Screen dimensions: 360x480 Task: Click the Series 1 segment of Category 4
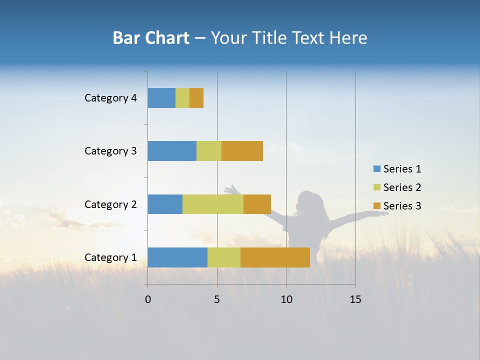pyautogui.click(x=161, y=98)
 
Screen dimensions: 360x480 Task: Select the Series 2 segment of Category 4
pyautogui.click(x=182, y=98)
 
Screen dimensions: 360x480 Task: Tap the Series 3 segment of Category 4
pyautogui.click(x=196, y=98)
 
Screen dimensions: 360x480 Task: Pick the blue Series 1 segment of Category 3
pyautogui.click(x=172, y=151)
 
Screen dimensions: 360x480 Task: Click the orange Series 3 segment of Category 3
pyautogui.click(x=242, y=151)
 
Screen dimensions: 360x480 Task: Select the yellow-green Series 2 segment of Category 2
pyautogui.click(x=213, y=204)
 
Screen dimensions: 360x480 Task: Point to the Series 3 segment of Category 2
pyautogui.click(x=257, y=204)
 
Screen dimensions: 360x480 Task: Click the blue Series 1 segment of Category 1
pyautogui.click(x=177, y=257)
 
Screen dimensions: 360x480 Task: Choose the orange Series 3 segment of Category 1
pyautogui.click(x=275, y=257)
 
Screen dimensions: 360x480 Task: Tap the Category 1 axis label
pyautogui.click(x=110, y=257)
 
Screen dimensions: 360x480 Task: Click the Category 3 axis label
pyautogui.click(x=110, y=151)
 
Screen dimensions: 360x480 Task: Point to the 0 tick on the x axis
pyautogui.click(x=148, y=299)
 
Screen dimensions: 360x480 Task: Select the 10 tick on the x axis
pyautogui.click(x=286, y=299)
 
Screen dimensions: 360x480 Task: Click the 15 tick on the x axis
pyautogui.click(x=355, y=299)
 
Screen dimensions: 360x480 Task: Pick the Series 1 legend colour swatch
pyautogui.click(x=376, y=169)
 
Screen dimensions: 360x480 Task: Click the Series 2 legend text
pyautogui.click(x=402, y=187)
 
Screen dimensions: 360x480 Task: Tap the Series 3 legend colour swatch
pyautogui.click(x=376, y=205)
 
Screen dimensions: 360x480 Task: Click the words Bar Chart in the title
pyautogui.click(x=151, y=38)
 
